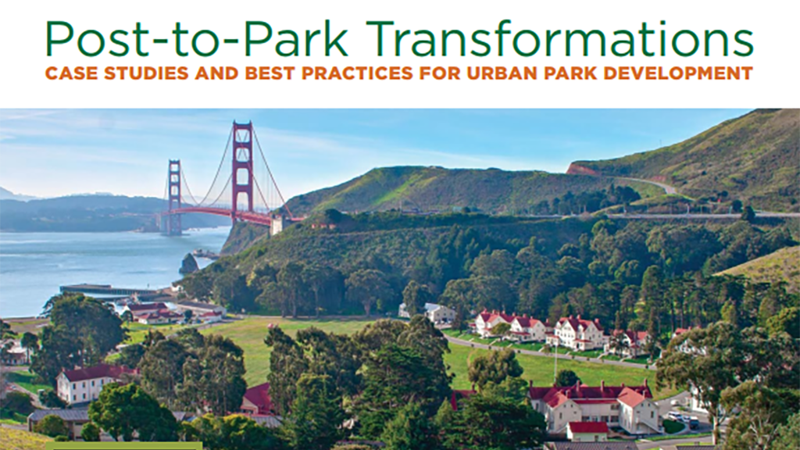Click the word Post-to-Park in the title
(197, 39)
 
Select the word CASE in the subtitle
(70, 73)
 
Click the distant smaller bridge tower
(174, 196)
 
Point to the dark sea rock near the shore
(188, 264)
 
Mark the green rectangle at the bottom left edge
(124, 446)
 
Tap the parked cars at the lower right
(683, 419)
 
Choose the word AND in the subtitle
(216, 73)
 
